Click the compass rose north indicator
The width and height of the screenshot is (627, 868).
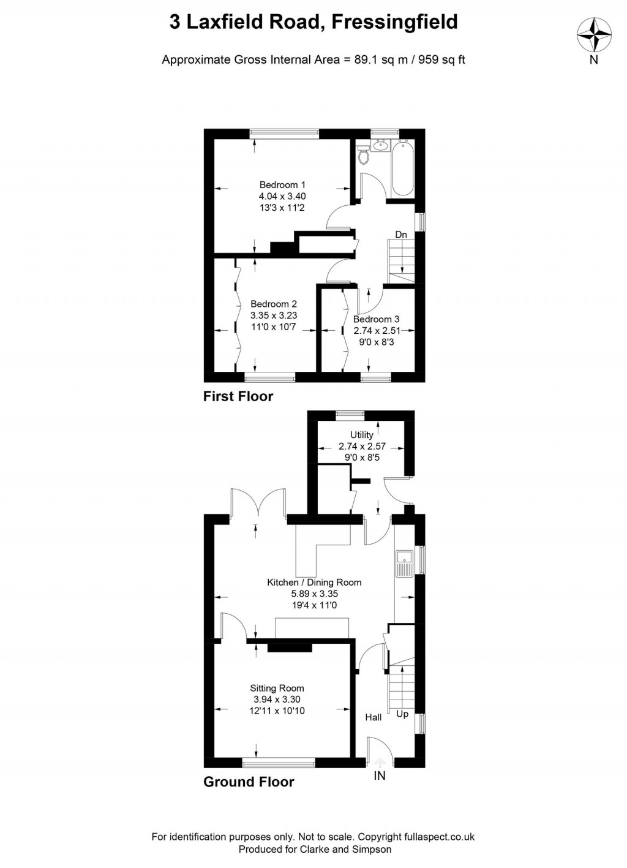[594, 35]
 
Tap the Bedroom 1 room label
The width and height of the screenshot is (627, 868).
[282, 185]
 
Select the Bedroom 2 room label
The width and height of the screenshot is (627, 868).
[274, 304]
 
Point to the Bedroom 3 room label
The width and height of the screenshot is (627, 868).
[376, 319]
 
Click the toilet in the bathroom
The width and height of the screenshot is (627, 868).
[365, 156]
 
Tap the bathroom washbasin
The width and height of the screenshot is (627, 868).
[381, 145]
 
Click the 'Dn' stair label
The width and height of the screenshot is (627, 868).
[401, 235]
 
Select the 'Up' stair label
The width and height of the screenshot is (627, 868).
[402, 714]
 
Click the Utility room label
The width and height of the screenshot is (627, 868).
[362, 435]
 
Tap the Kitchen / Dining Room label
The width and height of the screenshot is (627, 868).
[314, 583]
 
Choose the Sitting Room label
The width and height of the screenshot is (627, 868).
[277, 689]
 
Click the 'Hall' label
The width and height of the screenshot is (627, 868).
[374, 717]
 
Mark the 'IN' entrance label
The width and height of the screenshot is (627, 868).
[380, 776]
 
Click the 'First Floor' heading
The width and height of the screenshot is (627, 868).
[238, 396]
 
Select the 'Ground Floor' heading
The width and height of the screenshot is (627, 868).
[249, 782]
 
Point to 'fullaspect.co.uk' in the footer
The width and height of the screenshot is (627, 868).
[439, 837]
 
